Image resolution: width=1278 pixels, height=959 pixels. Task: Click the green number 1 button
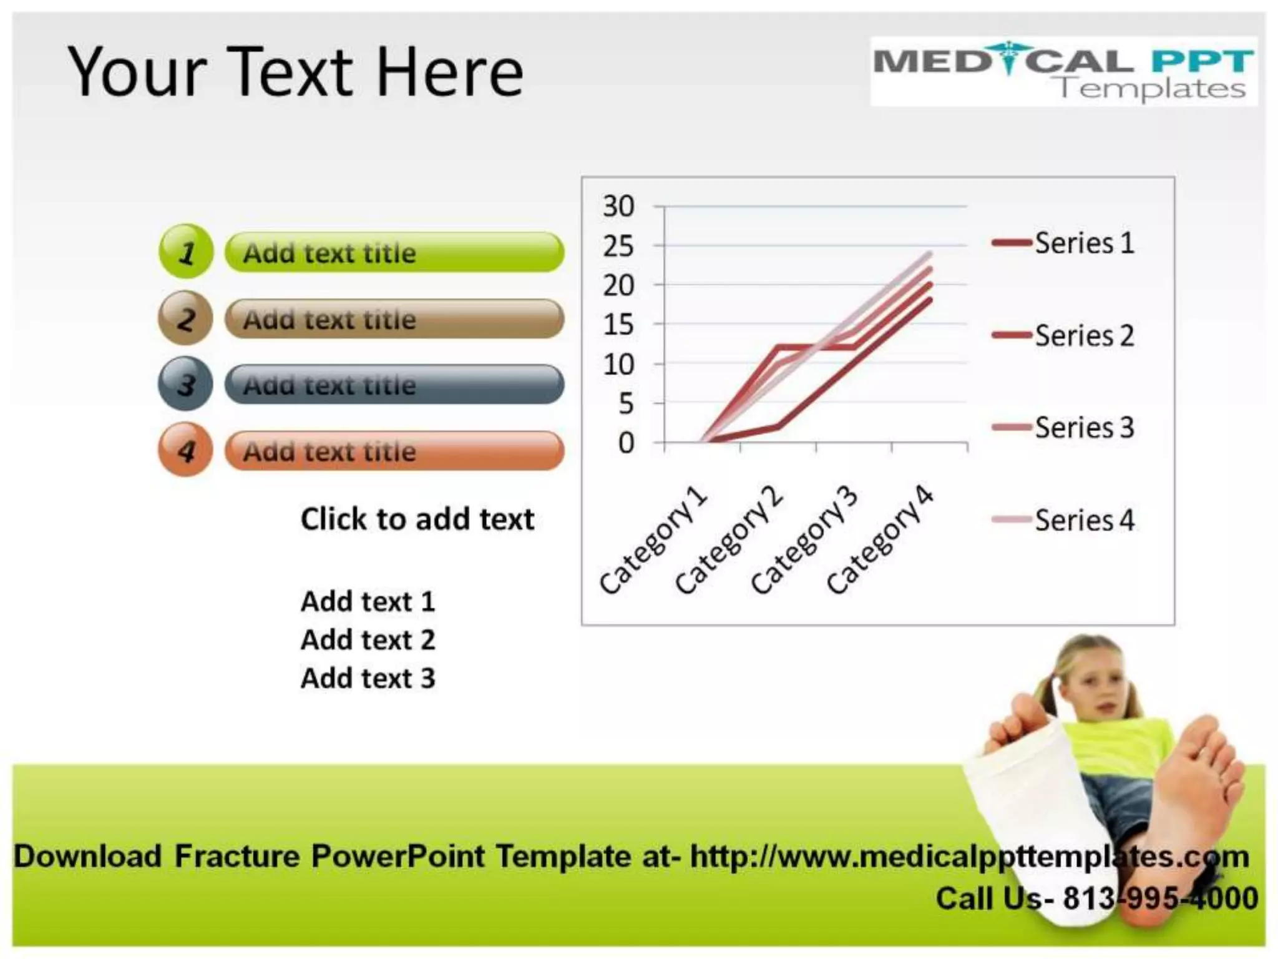coord(186,252)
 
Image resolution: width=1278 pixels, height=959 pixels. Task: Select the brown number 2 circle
coord(185,318)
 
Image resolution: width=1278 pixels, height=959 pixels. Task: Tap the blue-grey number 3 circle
coord(185,384)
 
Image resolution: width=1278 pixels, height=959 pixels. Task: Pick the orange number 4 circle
coord(185,450)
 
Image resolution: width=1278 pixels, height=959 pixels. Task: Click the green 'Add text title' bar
coord(394,252)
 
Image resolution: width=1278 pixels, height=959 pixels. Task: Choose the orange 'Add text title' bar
coord(394,451)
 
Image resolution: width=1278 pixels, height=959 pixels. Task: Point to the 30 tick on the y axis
coord(618,206)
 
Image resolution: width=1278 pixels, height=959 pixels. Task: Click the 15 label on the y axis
coord(618,325)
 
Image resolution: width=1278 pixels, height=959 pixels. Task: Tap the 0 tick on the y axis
coord(626,443)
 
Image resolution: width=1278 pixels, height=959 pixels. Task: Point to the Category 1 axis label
coord(653,541)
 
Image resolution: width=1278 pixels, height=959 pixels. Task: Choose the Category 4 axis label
coord(880,541)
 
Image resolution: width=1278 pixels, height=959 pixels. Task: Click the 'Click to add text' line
coord(417,519)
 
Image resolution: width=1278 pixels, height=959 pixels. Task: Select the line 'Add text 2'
coord(368,640)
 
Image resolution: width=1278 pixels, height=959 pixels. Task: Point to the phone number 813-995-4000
coord(1160,899)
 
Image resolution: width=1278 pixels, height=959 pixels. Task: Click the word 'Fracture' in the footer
coord(237,856)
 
